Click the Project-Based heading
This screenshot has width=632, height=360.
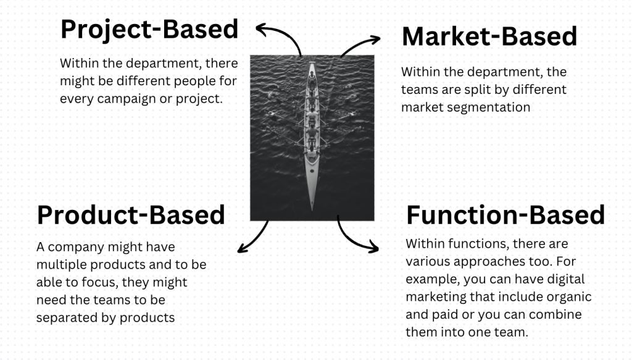(149, 30)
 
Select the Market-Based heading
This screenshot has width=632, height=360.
(489, 36)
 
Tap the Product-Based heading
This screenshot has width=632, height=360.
(131, 215)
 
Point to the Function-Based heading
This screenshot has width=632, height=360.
(505, 215)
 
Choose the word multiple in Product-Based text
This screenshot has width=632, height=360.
(60, 264)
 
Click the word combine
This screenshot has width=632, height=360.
(559, 314)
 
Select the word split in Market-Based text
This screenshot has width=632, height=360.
(475, 89)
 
